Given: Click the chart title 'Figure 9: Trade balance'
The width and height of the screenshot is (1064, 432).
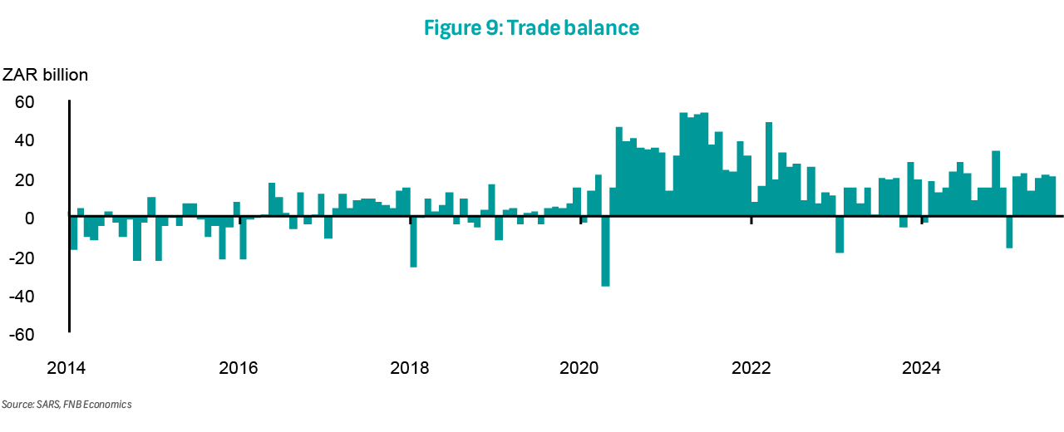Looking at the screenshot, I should coord(531,28).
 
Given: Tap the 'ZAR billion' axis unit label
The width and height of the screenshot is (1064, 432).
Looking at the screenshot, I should coord(46,75).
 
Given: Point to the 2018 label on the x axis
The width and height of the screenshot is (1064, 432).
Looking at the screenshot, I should coord(410,367).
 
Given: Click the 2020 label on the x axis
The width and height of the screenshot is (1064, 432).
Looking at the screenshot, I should coord(580,367).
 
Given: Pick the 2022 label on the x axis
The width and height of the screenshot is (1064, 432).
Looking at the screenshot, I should coord(751,367).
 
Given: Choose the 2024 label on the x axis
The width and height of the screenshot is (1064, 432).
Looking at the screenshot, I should coord(922,367).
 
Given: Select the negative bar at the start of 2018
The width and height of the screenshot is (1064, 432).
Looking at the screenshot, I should coord(413,242).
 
